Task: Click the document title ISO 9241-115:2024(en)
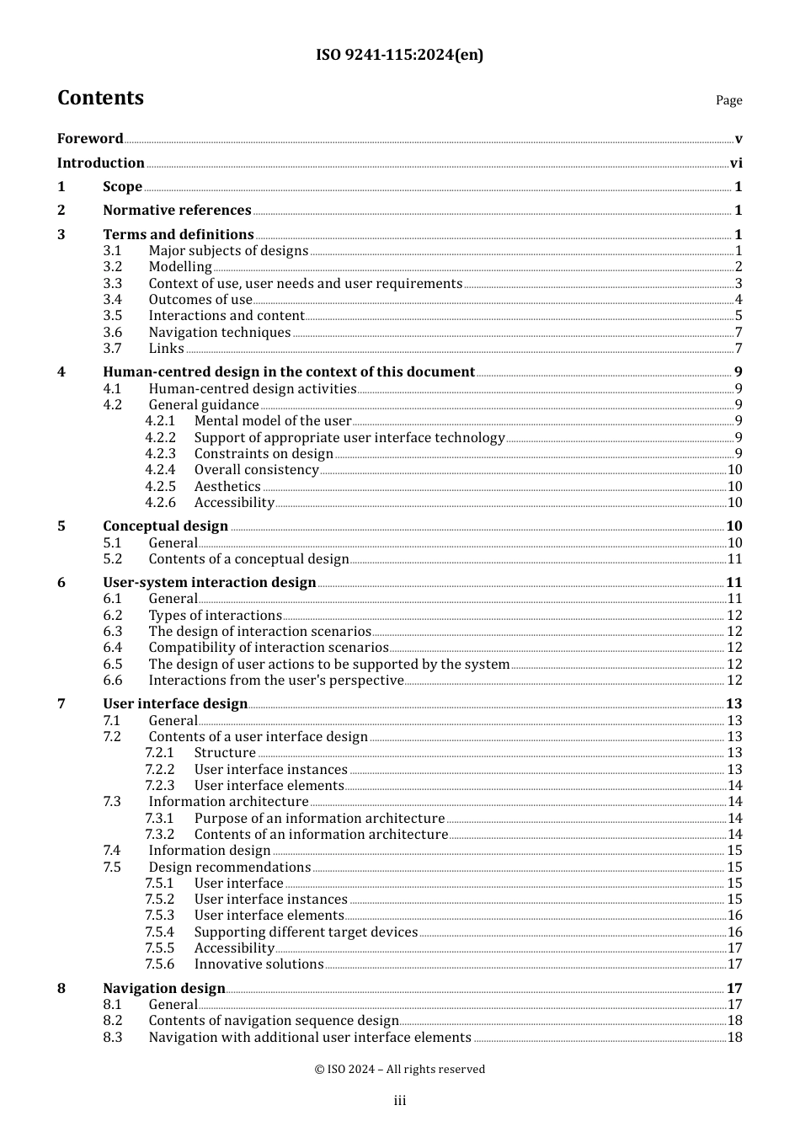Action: click(x=399, y=56)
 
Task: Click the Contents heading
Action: click(x=100, y=98)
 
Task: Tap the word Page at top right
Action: click(x=728, y=100)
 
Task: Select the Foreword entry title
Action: click(x=90, y=139)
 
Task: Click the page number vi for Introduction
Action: click(x=736, y=163)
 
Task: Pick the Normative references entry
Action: click(x=177, y=211)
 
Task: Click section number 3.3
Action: click(x=113, y=284)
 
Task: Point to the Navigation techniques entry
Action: click(x=219, y=333)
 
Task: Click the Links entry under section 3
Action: click(x=166, y=349)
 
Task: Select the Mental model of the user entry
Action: click(x=272, y=421)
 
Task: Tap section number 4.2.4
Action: click(x=160, y=470)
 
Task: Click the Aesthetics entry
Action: click(x=227, y=487)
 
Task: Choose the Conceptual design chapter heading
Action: click(x=165, y=526)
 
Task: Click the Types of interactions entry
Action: click(x=215, y=616)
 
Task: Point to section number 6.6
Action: click(x=113, y=681)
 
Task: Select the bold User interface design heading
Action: click(x=175, y=704)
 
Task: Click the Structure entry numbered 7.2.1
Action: click(x=225, y=753)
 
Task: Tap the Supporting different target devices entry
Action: click(x=306, y=932)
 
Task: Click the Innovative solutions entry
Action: click(x=259, y=964)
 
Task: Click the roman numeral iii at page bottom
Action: click(x=400, y=1101)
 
